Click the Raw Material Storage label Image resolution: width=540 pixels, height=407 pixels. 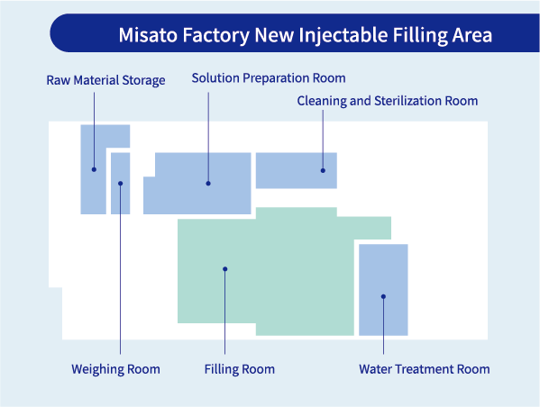pos(105,81)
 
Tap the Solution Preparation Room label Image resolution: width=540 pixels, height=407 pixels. pos(269,78)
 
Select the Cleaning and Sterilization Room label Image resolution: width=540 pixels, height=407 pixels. pos(388,101)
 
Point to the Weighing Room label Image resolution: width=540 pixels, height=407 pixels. pos(115,369)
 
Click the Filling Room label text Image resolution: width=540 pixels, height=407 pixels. pos(239,369)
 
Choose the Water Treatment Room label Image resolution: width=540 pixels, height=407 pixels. pos(424,369)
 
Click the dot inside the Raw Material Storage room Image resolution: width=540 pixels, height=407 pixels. pos(94,169)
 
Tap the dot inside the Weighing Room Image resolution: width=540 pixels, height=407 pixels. pos(120,184)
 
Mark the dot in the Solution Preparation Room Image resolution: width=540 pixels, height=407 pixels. pos(208,184)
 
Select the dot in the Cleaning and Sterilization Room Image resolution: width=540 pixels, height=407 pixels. pos(323,169)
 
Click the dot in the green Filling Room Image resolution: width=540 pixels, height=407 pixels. pos(225,268)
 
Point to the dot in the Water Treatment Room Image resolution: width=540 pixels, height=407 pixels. pos(383,296)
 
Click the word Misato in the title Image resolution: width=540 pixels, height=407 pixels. pos(146,36)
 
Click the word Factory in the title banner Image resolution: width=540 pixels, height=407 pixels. pos(215,36)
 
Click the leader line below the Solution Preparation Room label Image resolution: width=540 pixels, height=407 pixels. pos(208,126)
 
